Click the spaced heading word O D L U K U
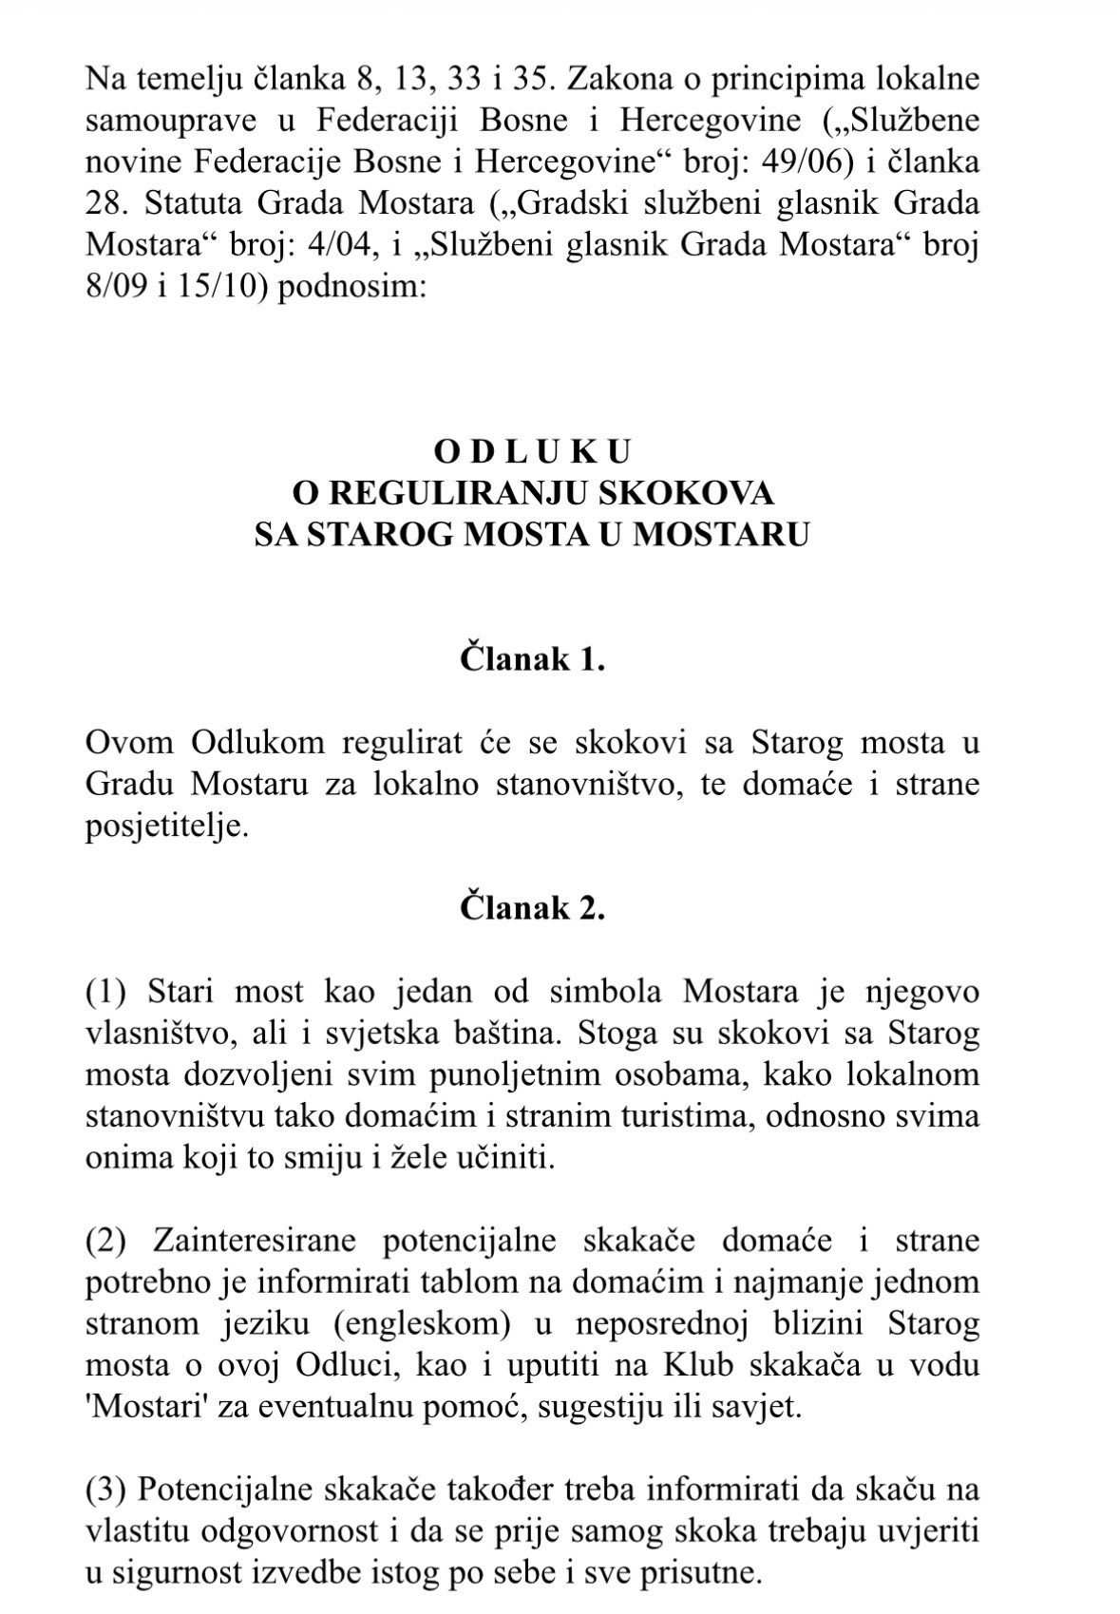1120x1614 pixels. tap(532, 450)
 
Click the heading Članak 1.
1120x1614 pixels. tap(532, 659)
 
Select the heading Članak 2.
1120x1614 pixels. tap(532, 908)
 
